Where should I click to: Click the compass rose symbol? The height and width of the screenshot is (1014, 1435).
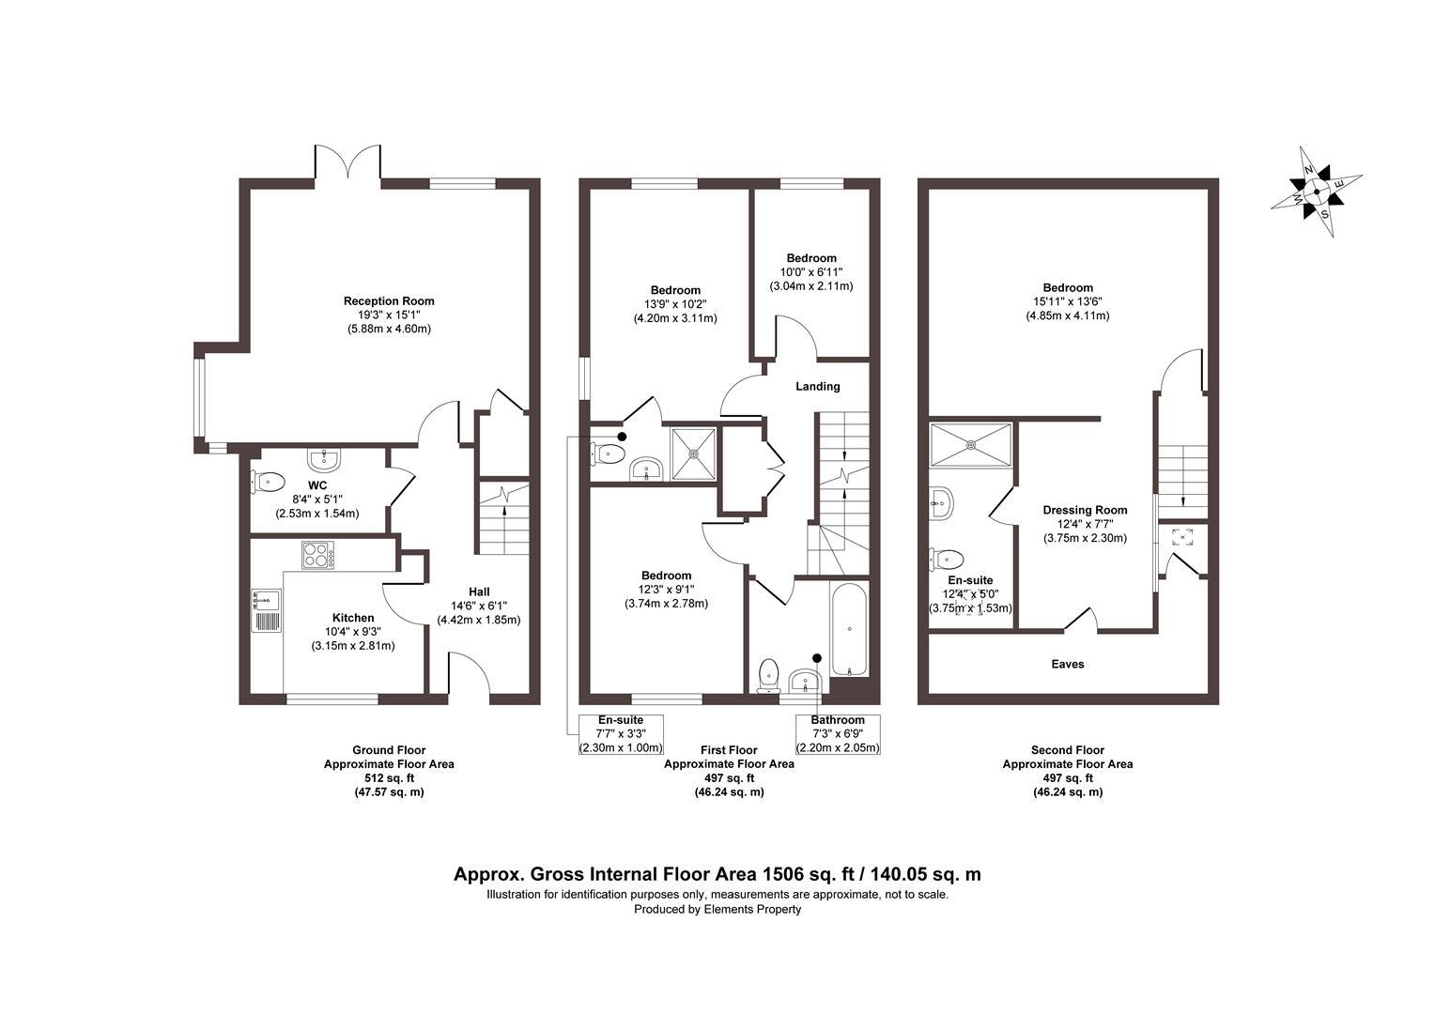[1316, 192]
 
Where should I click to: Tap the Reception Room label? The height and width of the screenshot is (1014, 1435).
[389, 301]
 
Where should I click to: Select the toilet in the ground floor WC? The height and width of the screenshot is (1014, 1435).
[268, 482]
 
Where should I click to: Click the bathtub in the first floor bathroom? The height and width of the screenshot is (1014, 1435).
[849, 629]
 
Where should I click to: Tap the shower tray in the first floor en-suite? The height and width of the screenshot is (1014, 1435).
[694, 454]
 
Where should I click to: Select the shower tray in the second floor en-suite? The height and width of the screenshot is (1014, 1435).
[971, 442]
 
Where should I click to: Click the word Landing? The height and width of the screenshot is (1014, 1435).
[817, 387]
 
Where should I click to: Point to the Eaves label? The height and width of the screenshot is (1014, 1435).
[1067, 665]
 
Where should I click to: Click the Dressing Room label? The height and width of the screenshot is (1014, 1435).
[1085, 511]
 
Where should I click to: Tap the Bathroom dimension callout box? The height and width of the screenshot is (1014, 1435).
[838, 734]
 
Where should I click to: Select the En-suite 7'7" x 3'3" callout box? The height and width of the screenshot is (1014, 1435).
[621, 734]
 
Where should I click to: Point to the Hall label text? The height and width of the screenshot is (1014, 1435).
[479, 592]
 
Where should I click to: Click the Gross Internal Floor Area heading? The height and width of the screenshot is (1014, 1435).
[717, 874]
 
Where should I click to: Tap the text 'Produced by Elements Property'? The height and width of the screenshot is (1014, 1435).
[717, 909]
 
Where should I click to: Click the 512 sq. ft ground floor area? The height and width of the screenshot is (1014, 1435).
[389, 778]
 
